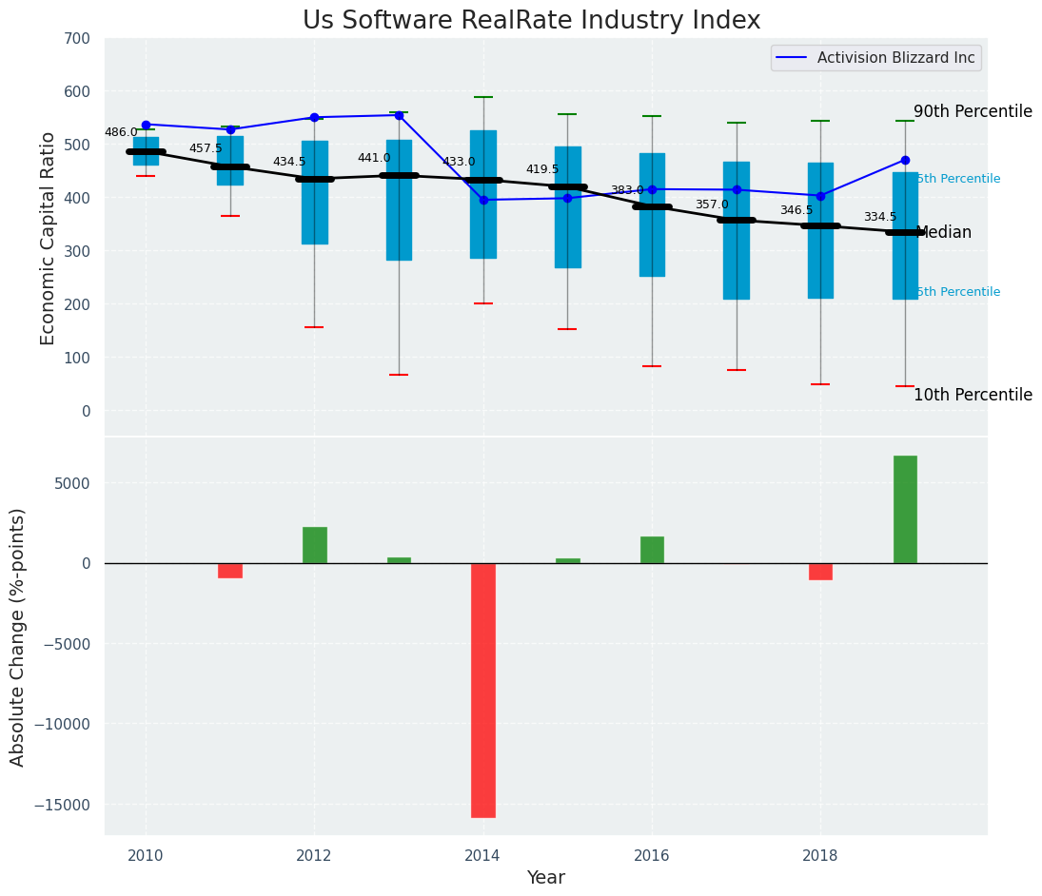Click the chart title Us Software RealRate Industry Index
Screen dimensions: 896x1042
coord(531,21)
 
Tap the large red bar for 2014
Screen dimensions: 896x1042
coord(483,690)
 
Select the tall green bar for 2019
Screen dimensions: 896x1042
coord(905,509)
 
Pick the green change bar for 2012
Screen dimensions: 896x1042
coord(314,545)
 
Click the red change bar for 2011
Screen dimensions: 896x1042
coord(230,571)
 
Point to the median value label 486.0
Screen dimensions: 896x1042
coord(121,133)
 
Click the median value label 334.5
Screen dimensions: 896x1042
coord(880,218)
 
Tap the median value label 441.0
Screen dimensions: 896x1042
coord(374,158)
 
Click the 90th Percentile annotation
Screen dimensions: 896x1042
coord(973,111)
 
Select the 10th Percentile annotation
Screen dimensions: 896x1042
coord(973,395)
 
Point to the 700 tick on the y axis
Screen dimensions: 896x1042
coord(77,38)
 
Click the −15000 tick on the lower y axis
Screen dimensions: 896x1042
coord(62,805)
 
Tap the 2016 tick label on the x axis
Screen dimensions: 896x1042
coord(652,855)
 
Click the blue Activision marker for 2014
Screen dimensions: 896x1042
coord(483,200)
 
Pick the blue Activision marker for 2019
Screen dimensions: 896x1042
coord(905,160)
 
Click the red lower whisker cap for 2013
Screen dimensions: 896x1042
coord(399,375)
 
